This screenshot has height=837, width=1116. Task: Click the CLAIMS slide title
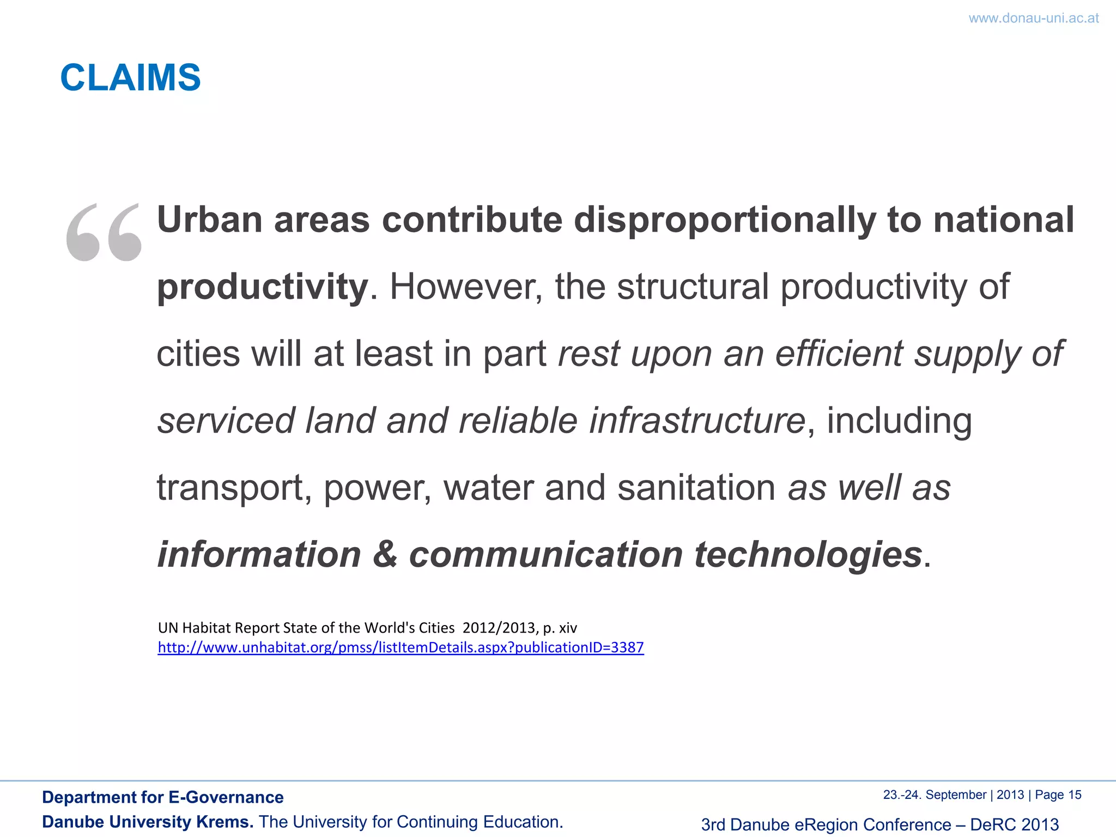(x=130, y=77)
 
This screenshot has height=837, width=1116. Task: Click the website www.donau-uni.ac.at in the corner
(x=1033, y=18)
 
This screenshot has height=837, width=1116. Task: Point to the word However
(x=466, y=287)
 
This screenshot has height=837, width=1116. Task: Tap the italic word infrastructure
(x=697, y=421)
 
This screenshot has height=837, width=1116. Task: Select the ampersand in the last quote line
(x=385, y=555)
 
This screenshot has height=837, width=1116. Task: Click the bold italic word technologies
(x=808, y=555)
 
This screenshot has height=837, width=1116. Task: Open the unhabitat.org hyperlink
(x=401, y=647)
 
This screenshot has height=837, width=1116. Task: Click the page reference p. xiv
(x=560, y=628)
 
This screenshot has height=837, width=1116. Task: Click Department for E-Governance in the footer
(x=162, y=797)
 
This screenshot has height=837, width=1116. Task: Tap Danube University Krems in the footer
(x=148, y=822)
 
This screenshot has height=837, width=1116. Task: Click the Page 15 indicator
(x=1058, y=795)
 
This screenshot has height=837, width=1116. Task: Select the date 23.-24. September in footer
(x=934, y=795)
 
